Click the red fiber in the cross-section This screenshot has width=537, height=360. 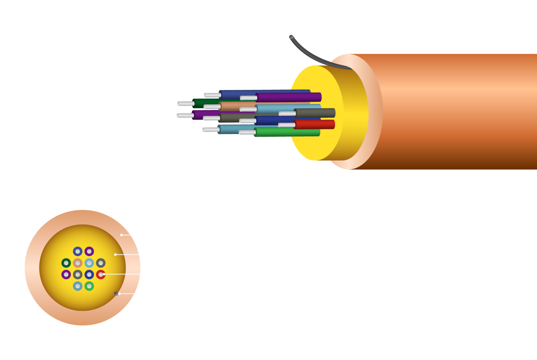[100, 274]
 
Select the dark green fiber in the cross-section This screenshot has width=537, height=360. [66, 263]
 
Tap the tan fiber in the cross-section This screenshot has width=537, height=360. [78, 263]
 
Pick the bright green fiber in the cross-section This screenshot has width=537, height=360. [89, 286]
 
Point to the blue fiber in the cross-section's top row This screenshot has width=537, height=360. [78, 251]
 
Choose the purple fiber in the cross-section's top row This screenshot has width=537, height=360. [89, 251]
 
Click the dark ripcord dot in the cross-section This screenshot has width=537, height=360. [116, 294]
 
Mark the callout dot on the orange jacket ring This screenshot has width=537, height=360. [121, 235]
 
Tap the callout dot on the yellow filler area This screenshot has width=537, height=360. [115, 254]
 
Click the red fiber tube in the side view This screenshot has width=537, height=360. [314, 125]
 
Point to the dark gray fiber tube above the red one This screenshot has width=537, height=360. [314, 113]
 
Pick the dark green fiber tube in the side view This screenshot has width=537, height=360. [206, 103]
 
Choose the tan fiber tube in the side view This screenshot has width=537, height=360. [236, 106]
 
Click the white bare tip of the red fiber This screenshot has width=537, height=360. [287, 125]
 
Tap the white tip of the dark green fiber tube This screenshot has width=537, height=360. [185, 104]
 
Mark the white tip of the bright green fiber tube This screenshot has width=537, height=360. [247, 132]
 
